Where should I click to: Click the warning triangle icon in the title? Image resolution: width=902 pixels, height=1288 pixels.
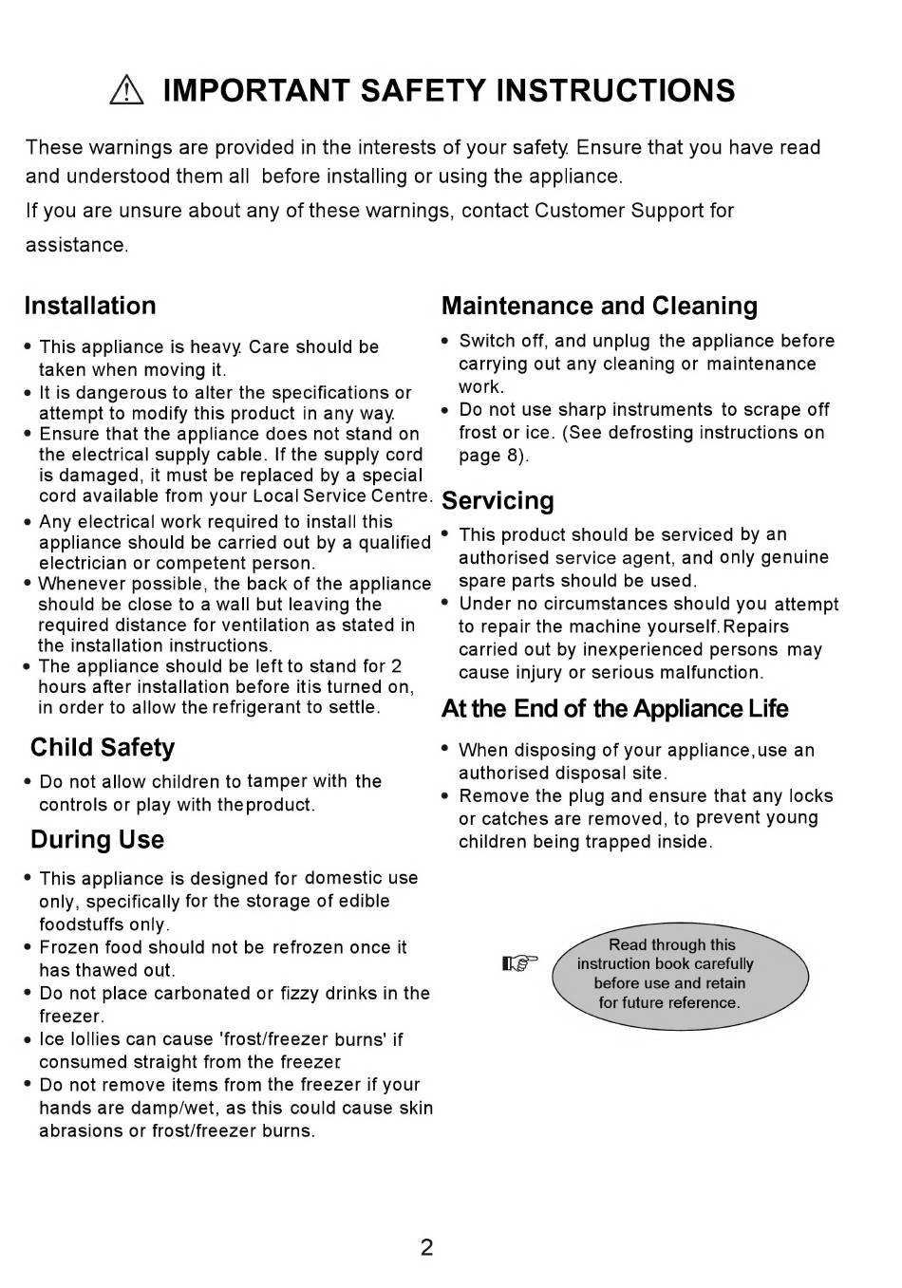[x=125, y=91]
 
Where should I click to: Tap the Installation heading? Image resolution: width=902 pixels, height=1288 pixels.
[x=90, y=306]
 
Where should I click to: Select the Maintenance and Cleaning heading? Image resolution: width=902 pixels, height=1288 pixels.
[x=599, y=306]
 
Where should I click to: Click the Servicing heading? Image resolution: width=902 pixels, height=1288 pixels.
[x=498, y=500]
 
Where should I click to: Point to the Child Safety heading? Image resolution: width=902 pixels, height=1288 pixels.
[x=103, y=748]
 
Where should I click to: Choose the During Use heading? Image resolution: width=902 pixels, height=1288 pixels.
[x=97, y=840]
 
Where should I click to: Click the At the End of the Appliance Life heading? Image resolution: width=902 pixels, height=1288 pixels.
[x=614, y=709]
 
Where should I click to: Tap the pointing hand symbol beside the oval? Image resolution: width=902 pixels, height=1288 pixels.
[x=519, y=964]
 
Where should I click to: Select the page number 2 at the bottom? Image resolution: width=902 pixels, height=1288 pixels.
[x=426, y=1247]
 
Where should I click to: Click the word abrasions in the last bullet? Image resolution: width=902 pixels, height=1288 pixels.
[x=81, y=1131]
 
